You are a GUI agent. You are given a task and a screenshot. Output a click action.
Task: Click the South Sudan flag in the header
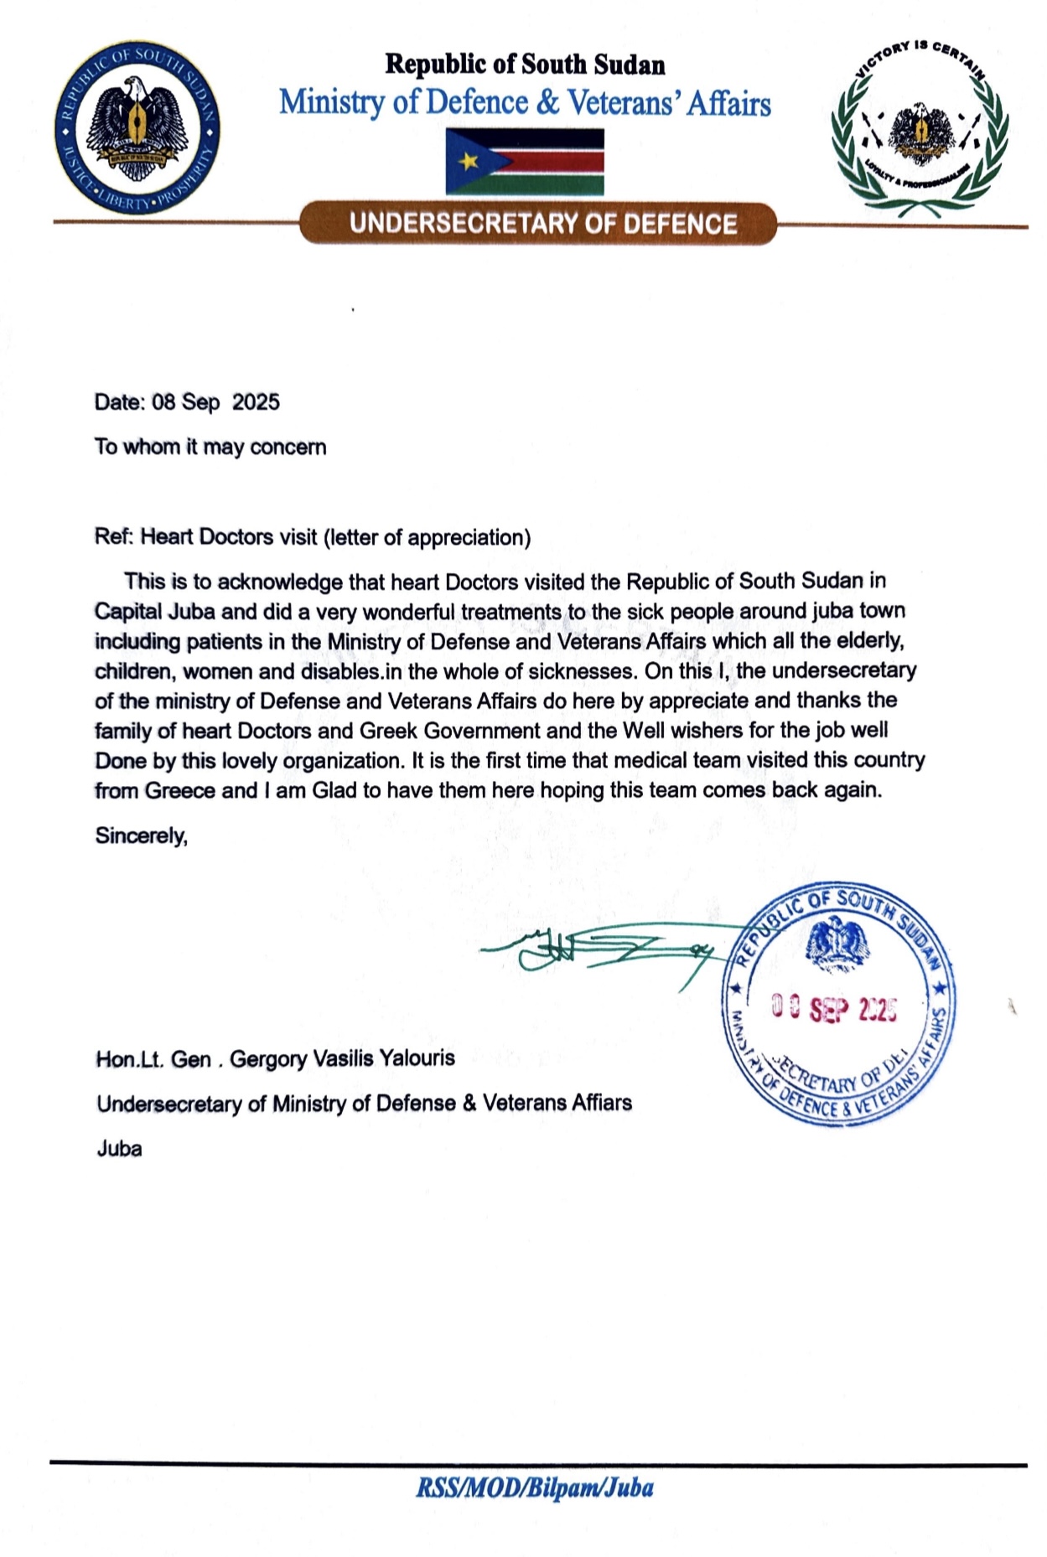click(525, 162)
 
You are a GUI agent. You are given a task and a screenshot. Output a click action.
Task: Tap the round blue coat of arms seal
click(137, 127)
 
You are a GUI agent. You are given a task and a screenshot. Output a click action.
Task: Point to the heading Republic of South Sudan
click(525, 65)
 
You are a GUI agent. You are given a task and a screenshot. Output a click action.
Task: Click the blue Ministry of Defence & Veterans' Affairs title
click(525, 102)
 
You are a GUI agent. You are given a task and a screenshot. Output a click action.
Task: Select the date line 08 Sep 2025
click(187, 402)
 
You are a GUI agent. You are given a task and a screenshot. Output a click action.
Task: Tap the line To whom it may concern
click(210, 447)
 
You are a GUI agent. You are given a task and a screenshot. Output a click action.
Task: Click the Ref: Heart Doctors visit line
click(312, 537)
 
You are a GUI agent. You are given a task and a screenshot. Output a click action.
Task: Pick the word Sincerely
click(141, 835)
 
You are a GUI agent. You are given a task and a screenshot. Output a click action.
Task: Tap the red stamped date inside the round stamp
click(834, 1010)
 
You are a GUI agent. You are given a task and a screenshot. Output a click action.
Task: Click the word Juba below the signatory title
click(119, 1148)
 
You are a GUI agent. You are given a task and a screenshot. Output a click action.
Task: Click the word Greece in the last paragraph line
click(179, 791)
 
